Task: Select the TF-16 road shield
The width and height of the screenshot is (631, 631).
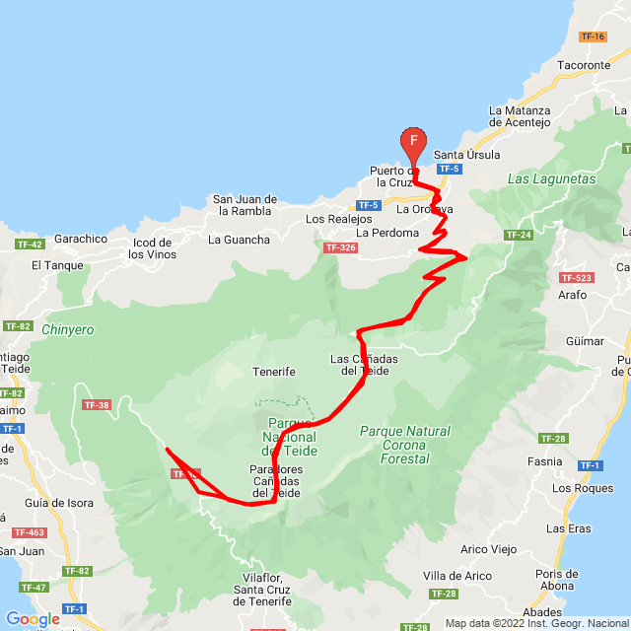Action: [593, 36]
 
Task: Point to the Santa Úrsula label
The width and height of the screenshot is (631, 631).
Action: [467, 155]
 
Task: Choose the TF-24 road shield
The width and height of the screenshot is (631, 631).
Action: [518, 235]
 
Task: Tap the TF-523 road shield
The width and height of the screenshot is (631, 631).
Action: [575, 278]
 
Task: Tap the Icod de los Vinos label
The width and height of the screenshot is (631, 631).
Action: [151, 248]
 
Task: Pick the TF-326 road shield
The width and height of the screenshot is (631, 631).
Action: [338, 247]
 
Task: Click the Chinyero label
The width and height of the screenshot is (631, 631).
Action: [68, 330]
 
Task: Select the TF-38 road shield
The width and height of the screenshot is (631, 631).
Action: [97, 404]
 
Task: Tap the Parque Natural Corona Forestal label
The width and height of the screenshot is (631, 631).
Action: [404, 445]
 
